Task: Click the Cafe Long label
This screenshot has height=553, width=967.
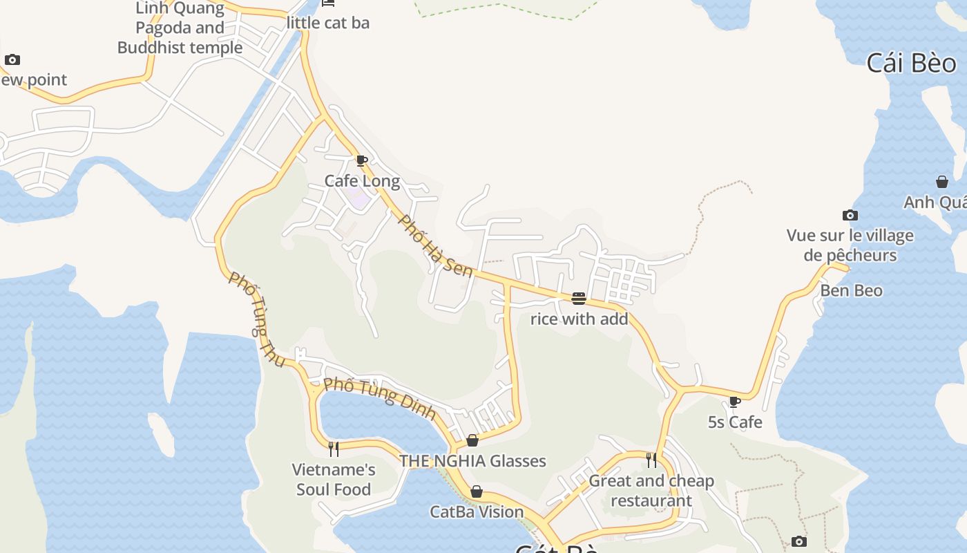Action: (362, 181)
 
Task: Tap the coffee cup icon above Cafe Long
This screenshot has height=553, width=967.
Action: (361, 161)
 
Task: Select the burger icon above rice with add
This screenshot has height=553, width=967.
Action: (579, 299)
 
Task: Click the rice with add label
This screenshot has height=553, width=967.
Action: (579, 319)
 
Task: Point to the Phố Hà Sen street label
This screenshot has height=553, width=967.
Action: (436, 246)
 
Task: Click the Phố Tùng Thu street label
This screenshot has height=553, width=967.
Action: (256, 319)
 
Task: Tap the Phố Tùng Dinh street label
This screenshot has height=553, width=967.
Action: (379, 398)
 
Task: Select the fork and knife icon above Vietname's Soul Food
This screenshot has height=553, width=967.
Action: (334, 449)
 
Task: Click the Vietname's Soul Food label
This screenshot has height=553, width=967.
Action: (334, 480)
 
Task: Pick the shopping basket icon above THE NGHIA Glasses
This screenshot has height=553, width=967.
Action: (472, 440)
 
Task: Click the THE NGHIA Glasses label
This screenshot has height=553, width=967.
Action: (472, 461)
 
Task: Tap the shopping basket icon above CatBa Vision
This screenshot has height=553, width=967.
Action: (476, 491)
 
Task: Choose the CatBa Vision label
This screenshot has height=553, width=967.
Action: (477, 512)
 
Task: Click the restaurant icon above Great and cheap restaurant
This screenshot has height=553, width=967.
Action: (651, 460)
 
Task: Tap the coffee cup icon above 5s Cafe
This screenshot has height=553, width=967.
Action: (734, 402)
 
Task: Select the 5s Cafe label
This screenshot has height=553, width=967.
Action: (735, 422)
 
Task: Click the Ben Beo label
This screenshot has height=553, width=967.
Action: (851, 290)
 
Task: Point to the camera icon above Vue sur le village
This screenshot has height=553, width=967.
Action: (850, 216)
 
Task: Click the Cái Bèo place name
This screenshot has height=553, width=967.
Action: (911, 63)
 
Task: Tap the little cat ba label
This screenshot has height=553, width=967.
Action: (328, 23)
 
